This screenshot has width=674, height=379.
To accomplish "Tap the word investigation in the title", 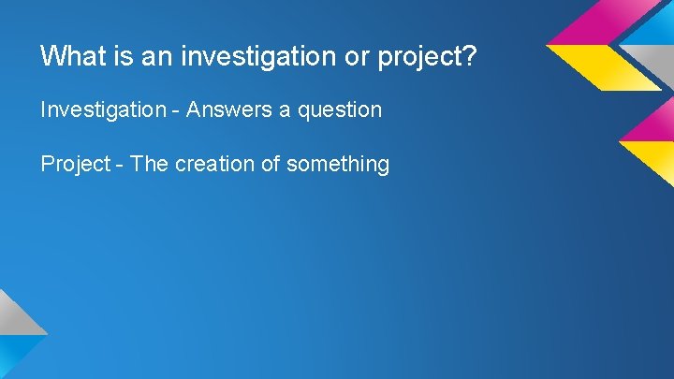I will click(x=249, y=56).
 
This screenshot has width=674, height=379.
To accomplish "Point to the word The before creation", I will click(x=148, y=164).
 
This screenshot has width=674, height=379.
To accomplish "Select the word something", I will click(x=338, y=165).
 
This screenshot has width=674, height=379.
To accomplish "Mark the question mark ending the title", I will click(x=471, y=56).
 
